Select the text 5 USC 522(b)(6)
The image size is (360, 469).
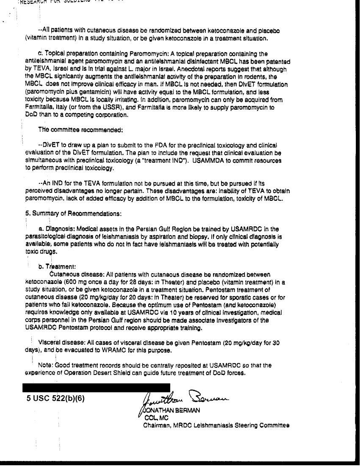click(55, 399)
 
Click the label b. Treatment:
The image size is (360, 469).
click(57, 266)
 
